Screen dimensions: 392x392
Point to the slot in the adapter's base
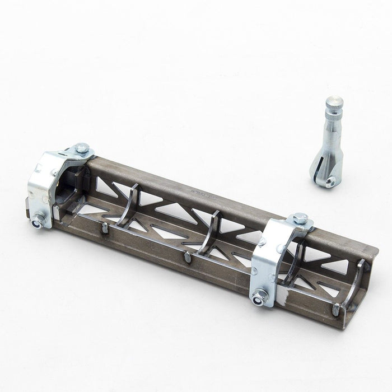[323, 168]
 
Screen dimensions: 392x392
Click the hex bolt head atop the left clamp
[82, 148]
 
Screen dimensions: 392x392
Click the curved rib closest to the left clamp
[130, 207]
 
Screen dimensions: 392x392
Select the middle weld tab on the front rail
[187, 258]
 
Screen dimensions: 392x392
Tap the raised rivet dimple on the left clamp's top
[54, 172]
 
